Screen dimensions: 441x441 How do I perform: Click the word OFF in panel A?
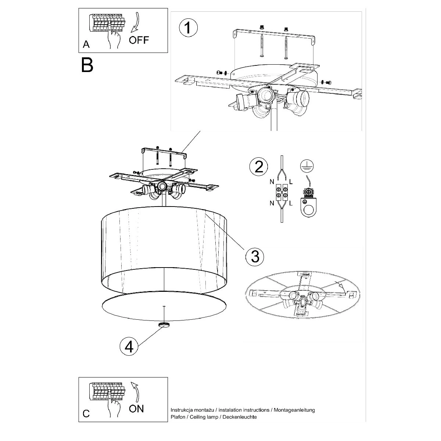[x=140, y=40]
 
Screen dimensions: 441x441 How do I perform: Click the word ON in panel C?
[x=136, y=408]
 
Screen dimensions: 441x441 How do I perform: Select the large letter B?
[x=87, y=64]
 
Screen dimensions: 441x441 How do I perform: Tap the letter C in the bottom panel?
[x=86, y=413]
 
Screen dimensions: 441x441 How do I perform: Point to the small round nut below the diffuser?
[x=163, y=325]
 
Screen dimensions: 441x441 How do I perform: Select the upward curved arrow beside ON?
[x=136, y=391]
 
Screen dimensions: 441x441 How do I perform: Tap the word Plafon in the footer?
[x=179, y=417]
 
